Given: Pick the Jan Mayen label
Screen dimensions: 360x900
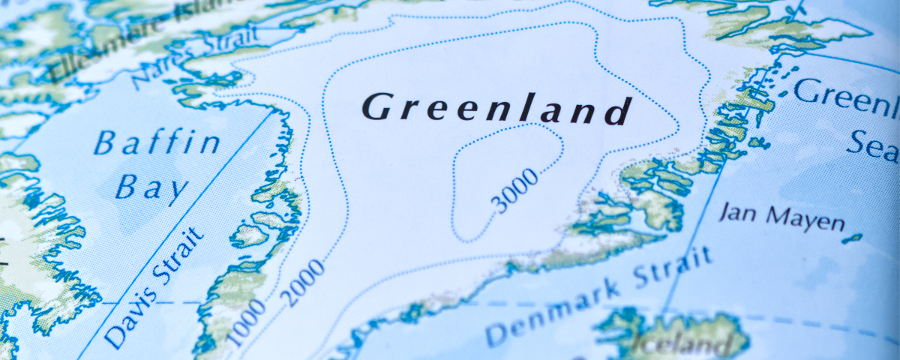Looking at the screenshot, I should click(781, 217).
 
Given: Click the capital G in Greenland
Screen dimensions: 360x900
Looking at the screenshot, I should click(376, 107).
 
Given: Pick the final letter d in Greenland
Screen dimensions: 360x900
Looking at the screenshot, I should click(616, 111).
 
